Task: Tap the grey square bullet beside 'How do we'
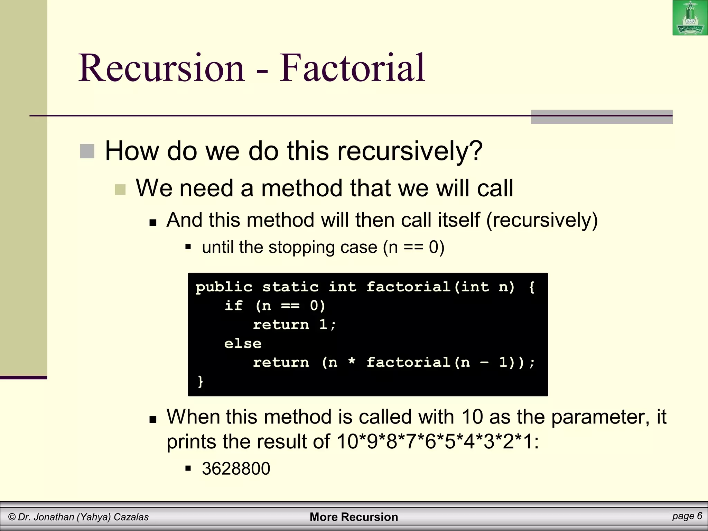[87, 151]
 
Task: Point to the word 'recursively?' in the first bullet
[410, 151]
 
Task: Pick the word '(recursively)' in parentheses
[542, 220]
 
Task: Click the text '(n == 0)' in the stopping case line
[413, 248]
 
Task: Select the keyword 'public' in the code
[224, 287]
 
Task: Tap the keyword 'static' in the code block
[290, 287]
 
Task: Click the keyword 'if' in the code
[233, 306]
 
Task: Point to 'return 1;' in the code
[294, 325]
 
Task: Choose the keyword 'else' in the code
[243, 344]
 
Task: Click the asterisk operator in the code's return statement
[352, 362]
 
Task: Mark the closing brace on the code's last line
[200, 381]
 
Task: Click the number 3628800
[236, 469]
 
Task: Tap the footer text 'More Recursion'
[354, 517]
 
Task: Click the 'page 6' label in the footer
[687, 516]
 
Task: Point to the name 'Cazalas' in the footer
[131, 517]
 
